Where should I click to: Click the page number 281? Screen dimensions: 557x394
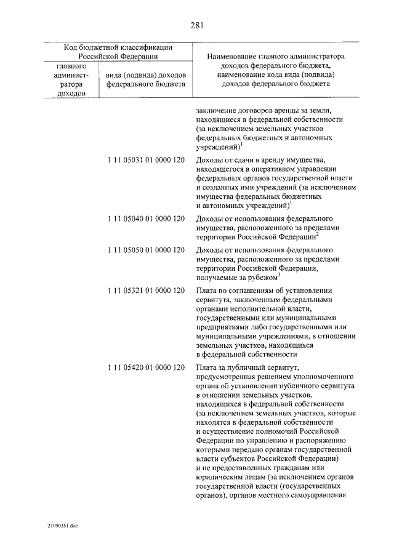tap(197, 25)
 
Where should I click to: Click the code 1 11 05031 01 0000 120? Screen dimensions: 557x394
tap(146, 161)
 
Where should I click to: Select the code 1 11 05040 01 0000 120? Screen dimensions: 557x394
tap(146, 218)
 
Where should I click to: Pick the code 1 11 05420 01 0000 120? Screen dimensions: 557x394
tap(146, 367)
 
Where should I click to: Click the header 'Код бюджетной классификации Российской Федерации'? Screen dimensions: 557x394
tap(118, 51)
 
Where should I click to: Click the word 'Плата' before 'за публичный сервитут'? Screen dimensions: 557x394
tap(206, 367)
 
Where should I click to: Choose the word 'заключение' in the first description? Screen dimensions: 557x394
tap(215, 110)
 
